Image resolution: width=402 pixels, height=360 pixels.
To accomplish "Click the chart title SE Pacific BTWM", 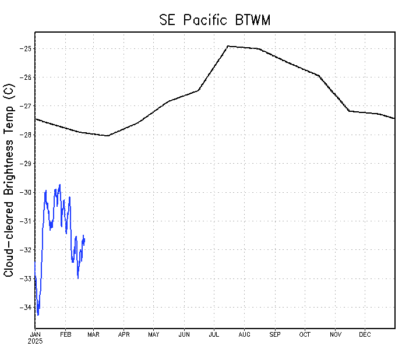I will click(215, 20).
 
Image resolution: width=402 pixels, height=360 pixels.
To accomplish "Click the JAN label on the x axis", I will click(35, 334).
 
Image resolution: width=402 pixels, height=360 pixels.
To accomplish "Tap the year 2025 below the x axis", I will click(35, 341).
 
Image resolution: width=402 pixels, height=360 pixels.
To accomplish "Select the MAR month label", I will click(94, 334).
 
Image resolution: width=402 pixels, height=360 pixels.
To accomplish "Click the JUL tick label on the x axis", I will click(213, 334).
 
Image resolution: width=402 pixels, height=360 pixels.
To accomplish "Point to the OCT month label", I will click(305, 334).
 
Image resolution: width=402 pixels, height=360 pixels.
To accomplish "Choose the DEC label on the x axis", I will click(365, 334).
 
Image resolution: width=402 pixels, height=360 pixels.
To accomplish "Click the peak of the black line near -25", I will click(228, 46).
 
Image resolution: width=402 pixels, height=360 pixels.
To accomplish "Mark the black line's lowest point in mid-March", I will click(108, 136).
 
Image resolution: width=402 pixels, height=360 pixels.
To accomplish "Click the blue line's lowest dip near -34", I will click(38, 315).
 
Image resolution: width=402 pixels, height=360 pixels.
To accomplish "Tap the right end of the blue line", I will click(84, 238).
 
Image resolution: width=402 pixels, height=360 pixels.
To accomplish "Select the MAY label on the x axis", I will click(154, 334).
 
